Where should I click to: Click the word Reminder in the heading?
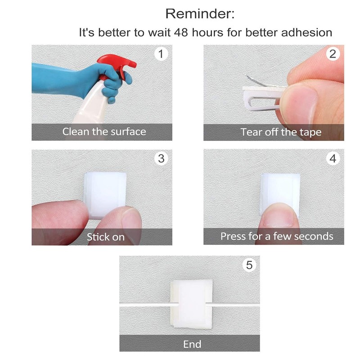click(199, 13)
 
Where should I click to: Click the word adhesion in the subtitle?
click(310, 32)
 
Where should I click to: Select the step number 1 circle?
click(161, 54)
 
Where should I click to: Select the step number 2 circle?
click(333, 54)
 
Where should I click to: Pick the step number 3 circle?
click(161, 158)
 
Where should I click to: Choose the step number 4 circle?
click(333, 158)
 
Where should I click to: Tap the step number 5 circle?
click(249, 265)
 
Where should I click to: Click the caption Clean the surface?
click(104, 132)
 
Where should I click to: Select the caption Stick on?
click(105, 237)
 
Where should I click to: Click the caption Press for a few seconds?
click(276, 236)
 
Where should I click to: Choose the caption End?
click(192, 345)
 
